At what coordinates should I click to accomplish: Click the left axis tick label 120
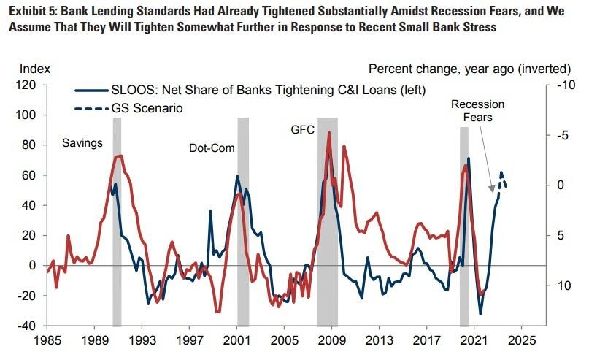coord(27,85)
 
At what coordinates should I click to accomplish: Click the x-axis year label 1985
coord(47,340)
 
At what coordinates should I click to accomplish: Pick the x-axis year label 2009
coord(332,340)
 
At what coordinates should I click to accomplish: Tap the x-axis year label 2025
coord(523,340)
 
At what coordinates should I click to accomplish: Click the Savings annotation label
coord(82,142)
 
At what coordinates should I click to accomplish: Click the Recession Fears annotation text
coord(477,111)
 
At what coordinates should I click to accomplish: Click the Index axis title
coord(34,69)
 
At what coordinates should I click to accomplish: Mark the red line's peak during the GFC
coord(329,133)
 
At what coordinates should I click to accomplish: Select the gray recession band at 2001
coord(243,219)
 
